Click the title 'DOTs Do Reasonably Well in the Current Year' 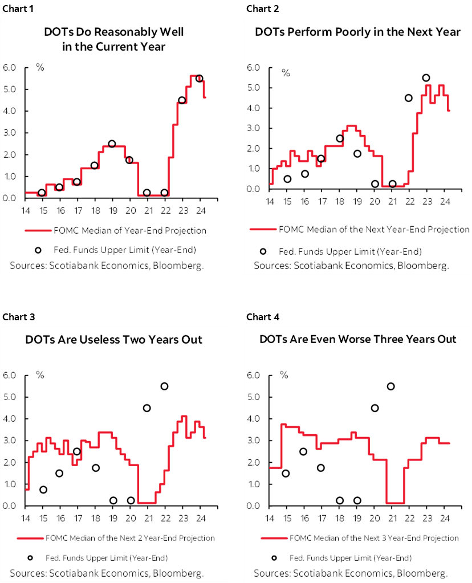click(x=114, y=39)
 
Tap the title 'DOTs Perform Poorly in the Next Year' click(x=357, y=32)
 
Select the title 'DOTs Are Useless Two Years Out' click(x=114, y=340)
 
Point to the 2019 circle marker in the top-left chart click(x=112, y=144)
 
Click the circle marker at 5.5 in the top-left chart click(x=199, y=79)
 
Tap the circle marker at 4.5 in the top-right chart click(x=408, y=97)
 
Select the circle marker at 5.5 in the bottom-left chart click(x=164, y=386)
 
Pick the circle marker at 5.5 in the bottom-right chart click(x=391, y=386)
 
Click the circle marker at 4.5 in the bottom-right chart click(x=375, y=407)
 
